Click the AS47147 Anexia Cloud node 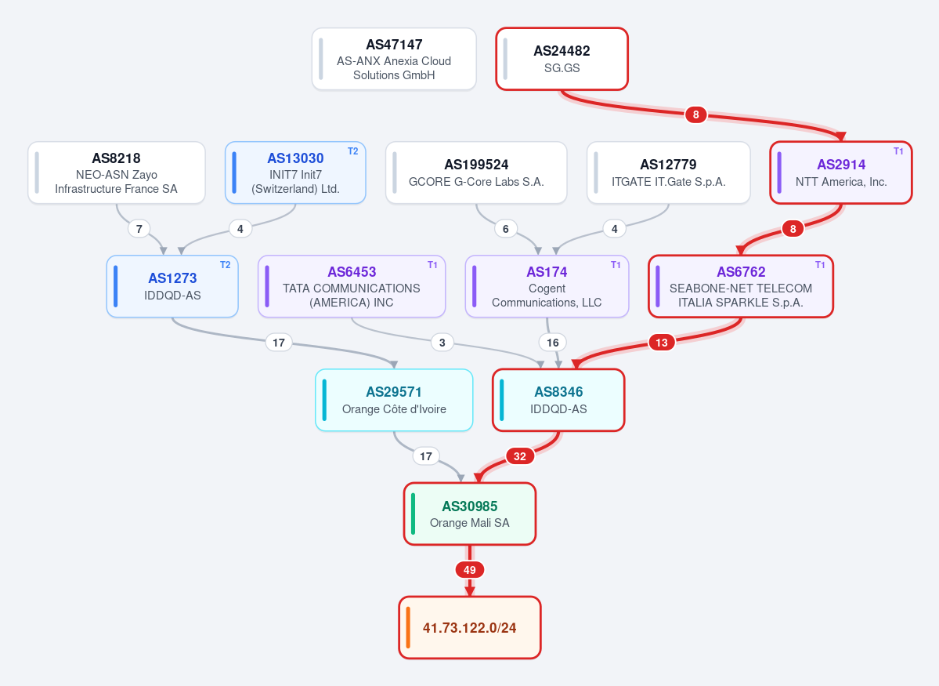click(x=394, y=59)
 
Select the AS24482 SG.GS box click(x=562, y=59)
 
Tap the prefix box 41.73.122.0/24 click(x=470, y=627)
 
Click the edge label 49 click(x=470, y=570)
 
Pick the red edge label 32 click(x=520, y=456)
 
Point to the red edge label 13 click(x=661, y=343)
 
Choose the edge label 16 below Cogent click(x=553, y=343)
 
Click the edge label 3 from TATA click(x=442, y=343)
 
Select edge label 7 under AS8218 click(x=139, y=228)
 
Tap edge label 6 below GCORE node click(x=505, y=228)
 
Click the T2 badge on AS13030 click(x=352, y=151)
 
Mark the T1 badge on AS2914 click(x=898, y=151)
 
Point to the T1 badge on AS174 click(x=616, y=265)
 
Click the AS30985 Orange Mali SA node click(x=470, y=514)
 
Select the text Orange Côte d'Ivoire click(x=394, y=409)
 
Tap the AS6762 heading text click(x=741, y=271)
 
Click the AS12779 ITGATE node click(x=668, y=172)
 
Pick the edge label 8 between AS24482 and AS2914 click(x=696, y=114)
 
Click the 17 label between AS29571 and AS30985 click(x=426, y=456)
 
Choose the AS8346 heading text click(x=558, y=391)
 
